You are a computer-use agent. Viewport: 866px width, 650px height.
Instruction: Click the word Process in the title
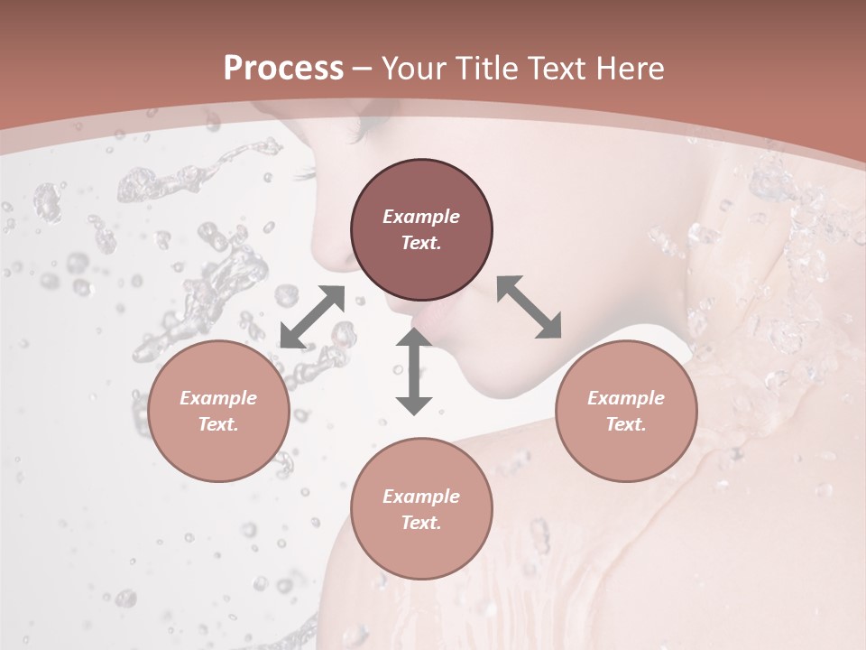[x=283, y=69]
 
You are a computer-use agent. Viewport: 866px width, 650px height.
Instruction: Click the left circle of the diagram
[x=218, y=411]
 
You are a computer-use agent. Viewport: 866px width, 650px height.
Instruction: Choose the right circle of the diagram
[x=626, y=411]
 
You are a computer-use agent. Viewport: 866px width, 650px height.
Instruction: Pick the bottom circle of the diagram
[x=421, y=508]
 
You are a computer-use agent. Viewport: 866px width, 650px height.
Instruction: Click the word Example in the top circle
[x=421, y=217]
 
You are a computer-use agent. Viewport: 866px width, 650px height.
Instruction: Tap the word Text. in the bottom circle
[x=421, y=523]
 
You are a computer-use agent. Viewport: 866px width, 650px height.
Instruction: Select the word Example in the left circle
[x=218, y=398]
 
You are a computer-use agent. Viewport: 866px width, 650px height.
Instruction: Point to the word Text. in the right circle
[x=626, y=424]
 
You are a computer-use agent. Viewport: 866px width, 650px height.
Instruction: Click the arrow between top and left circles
[x=312, y=317]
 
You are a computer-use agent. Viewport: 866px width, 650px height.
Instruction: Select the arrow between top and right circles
[x=530, y=307]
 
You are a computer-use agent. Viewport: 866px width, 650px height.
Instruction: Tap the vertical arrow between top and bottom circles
[x=414, y=371]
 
